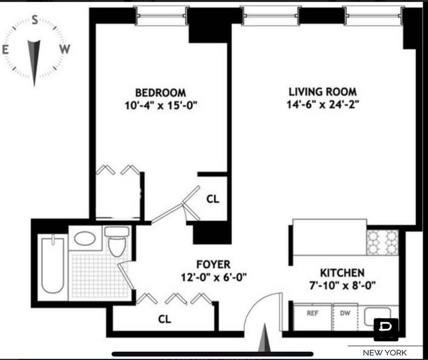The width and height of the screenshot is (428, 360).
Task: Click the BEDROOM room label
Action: click(x=160, y=93)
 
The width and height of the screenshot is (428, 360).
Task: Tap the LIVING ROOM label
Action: click(x=323, y=92)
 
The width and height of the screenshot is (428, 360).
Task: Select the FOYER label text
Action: click(x=214, y=264)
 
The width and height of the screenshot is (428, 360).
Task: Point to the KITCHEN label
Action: click(x=342, y=273)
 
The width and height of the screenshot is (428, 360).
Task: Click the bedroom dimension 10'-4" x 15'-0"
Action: click(x=161, y=105)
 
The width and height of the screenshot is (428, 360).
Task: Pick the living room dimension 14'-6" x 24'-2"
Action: click(x=323, y=104)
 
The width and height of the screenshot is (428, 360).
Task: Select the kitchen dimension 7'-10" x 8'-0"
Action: click(x=342, y=286)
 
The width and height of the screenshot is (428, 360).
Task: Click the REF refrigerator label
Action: click(x=313, y=313)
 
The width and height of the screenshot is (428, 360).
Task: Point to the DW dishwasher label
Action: click(x=345, y=313)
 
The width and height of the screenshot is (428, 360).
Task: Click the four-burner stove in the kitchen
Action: click(x=382, y=243)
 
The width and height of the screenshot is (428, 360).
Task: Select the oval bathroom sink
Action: click(x=85, y=238)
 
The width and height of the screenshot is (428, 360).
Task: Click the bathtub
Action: click(x=53, y=264)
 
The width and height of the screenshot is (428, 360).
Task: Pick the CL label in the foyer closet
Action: click(x=164, y=319)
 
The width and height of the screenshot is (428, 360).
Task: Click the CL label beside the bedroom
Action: click(x=213, y=199)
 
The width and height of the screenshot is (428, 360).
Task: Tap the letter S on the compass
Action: click(x=35, y=20)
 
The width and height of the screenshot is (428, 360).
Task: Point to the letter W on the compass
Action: click(x=65, y=49)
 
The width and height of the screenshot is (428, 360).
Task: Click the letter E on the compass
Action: click(x=5, y=50)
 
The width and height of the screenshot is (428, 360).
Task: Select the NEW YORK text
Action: click(x=385, y=353)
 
